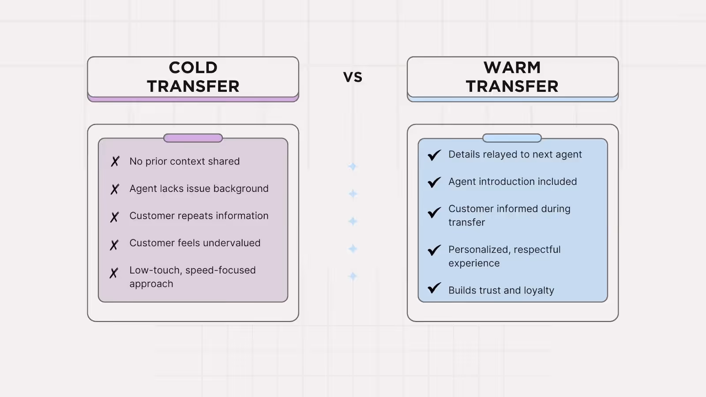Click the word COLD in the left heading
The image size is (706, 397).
click(x=193, y=68)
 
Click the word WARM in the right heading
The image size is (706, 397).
click(x=512, y=68)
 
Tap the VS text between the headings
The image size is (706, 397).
click(x=353, y=77)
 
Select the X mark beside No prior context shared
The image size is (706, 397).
click(x=115, y=161)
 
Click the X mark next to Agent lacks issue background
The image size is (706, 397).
click(x=115, y=189)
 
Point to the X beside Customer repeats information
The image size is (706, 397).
click(x=115, y=217)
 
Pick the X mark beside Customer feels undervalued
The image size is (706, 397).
click(x=114, y=244)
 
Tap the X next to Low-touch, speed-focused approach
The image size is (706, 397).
click(x=114, y=273)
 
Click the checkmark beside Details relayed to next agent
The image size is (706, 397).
click(x=434, y=155)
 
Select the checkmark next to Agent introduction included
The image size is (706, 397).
click(x=434, y=182)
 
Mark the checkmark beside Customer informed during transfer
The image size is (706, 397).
click(x=434, y=212)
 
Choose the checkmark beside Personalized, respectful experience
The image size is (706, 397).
click(x=434, y=250)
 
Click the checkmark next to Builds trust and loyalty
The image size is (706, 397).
click(x=434, y=288)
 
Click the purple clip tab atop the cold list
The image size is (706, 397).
click(x=193, y=138)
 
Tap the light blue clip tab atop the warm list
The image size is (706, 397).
click(x=512, y=138)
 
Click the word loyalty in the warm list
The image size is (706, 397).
click(x=539, y=290)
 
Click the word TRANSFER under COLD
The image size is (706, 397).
click(x=193, y=86)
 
